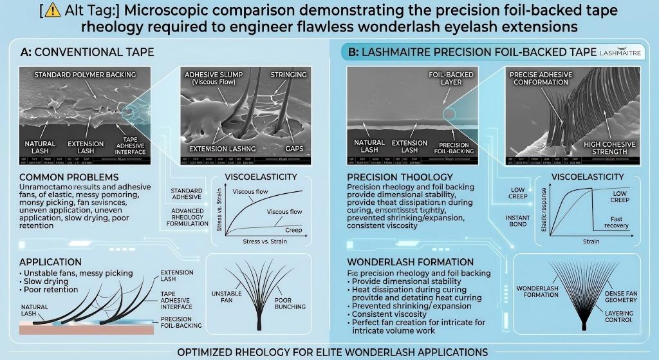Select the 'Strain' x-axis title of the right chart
pos(590,242)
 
